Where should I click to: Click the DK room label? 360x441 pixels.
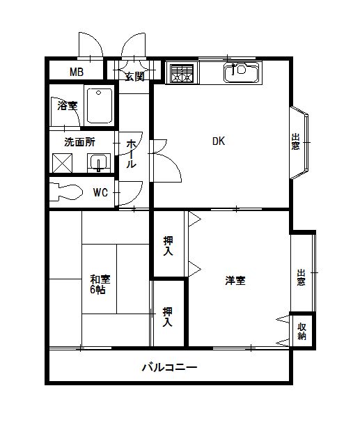pyautogui.click(x=219, y=141)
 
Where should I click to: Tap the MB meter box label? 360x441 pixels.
pyautogui.click(x=76, y=72)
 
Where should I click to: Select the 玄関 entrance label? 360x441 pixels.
pyautogui.click(x=134, y=76)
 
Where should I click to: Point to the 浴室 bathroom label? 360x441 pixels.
pyautogui.click(x=67, y=106)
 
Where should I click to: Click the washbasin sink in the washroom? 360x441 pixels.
pyautogui.click(x=100, y=163)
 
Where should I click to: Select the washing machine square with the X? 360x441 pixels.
pyautogui.click(x=63, y=163)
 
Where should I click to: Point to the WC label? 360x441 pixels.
pyautogui.click(x=100, y=193)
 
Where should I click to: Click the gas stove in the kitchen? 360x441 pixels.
pyautogui.click(x=182, y=73)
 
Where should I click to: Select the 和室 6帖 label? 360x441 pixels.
pyautogui.click(x=98, y=284)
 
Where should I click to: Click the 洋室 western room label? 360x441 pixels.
pyautogui.click(x=235, y=281)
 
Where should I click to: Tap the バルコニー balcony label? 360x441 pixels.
pyautogui.click(x=169, y=366)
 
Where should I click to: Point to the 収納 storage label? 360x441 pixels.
pyautogui.click(x=302, y=330)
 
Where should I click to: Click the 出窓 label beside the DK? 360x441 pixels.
pyautogui.click(x=295, y=142)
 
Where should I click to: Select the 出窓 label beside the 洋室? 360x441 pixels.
pyautogui.click(x=301, y=277)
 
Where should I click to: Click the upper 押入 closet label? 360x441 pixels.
pyautogui.click(x=169, y=246)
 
